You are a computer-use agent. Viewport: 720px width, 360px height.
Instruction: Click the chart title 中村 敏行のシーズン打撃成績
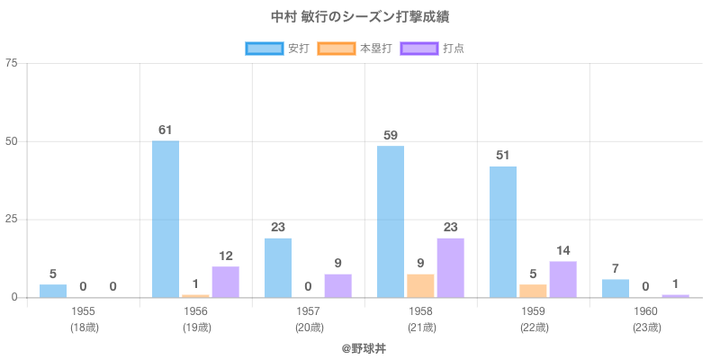coord(360,17)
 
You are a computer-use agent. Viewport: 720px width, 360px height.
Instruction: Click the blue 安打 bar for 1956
coord(166,219)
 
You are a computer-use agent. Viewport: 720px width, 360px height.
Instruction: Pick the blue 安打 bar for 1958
coord(391,221)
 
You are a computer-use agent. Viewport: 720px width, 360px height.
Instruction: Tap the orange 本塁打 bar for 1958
coord(420,285)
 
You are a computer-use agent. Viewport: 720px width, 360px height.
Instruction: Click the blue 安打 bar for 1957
coord(278,267)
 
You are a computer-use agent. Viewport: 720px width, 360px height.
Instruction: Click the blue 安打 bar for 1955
coord(53,291)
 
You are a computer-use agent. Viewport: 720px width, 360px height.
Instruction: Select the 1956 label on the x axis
coord(196,311)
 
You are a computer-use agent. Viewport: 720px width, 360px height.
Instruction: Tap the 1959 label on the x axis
coord(534,311)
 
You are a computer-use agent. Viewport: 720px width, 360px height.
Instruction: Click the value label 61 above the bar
coord(166,130)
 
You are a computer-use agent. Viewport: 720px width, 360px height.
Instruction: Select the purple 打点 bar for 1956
coord(225,282)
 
